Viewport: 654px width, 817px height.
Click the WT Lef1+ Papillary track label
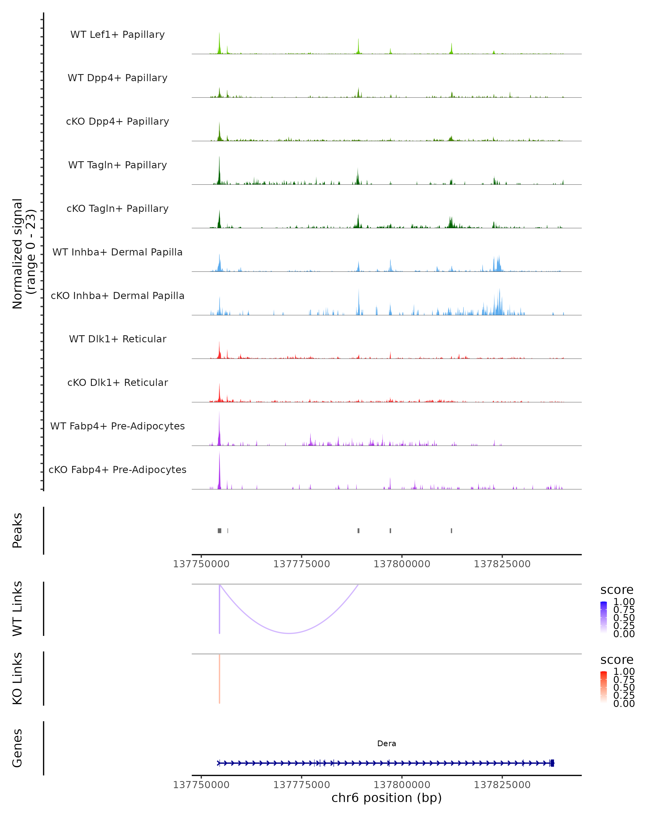(117, 35)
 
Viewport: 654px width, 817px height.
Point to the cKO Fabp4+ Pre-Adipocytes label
(117, 470)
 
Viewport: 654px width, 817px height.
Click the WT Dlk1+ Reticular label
(117, 339)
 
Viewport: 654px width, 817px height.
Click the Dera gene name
(386, 743)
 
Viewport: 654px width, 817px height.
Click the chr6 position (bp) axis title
(386, 798)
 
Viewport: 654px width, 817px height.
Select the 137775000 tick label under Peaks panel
(301, 564)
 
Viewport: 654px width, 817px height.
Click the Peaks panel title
(17, 531)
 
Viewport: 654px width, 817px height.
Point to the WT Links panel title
(17, 609)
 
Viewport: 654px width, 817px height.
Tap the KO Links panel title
(17, 678)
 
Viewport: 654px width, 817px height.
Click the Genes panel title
(17, 748)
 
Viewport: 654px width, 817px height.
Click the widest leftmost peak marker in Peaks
(220, 531)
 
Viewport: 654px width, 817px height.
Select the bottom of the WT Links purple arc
(289, 633)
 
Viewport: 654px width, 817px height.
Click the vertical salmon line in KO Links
(220, 678)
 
